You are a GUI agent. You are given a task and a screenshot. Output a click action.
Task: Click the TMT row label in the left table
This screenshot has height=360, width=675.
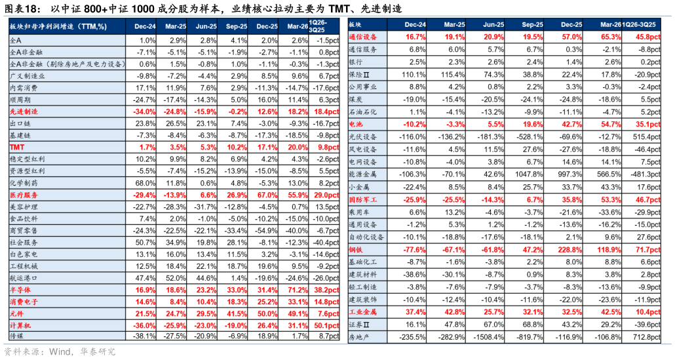(x=17, y=148)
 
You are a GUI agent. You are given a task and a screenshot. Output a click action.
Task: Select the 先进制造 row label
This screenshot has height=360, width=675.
(x=24, y=111)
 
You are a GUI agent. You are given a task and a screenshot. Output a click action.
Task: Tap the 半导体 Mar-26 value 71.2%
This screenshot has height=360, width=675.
(x=298, y=290)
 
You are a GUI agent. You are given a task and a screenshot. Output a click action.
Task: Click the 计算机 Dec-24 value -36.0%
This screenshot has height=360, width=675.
(x=144, y=325)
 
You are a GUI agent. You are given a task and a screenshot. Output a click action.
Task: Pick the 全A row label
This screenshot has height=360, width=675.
(x=15, y=41)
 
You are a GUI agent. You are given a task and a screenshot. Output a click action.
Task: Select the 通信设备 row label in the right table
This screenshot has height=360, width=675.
(x=363, y=37)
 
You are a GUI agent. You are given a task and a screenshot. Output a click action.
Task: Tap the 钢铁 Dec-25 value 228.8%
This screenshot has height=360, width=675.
(x=569, y=250)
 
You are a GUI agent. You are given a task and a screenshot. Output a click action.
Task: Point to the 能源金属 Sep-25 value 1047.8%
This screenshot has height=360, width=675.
(x=528, y=175)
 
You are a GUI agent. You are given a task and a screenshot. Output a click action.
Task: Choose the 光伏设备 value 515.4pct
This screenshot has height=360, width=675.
(x=647, y=137)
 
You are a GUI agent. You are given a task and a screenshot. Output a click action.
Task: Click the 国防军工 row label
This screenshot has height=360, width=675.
(x=363, y=200)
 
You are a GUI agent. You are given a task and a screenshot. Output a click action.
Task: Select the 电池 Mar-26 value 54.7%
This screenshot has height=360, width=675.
(x=610, y=125)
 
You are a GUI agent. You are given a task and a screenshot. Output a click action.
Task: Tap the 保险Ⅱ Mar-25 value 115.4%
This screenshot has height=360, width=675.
(x=452, y=75)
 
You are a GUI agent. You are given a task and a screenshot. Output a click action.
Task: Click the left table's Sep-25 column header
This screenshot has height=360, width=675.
(x=237, y=26)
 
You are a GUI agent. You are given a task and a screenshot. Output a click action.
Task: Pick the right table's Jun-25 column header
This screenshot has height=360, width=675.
(x=493, y=24)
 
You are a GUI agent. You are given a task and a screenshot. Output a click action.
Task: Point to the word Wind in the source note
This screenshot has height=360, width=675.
(x=59, y=352)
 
